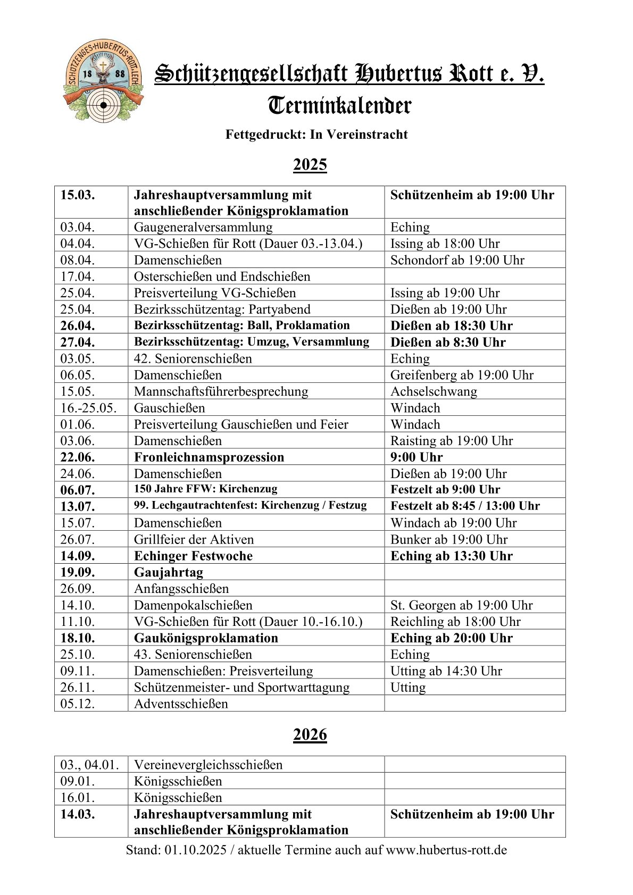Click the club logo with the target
point(103,81)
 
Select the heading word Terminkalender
point(339,105)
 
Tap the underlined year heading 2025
point(310,164)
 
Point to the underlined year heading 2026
point(310,734)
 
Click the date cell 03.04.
point(77,227)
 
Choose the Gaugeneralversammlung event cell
point(203,227)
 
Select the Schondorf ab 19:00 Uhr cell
point(457,260)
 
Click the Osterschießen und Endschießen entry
point(222,277)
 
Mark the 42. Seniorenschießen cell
point(193,358)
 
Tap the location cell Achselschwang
point(434,391)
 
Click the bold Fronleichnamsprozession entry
point(209,457)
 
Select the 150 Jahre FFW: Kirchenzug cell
point(205,489)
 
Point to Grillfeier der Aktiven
point(194,539)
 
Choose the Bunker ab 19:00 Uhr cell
point(449,539)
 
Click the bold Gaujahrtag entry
point(169,572)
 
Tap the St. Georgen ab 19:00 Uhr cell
point(461,605)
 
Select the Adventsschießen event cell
point(181,704)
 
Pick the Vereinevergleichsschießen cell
point(208,765)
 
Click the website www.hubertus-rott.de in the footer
point(446,850)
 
